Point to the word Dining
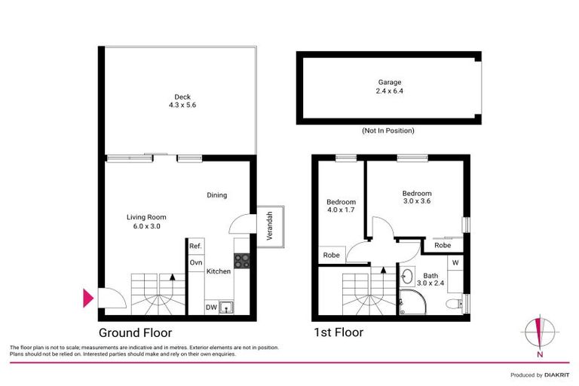pos(217,195)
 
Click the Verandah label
pos(270,225)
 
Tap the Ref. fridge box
pos(195,247)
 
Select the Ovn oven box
pos(195,262)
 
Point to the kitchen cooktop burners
pos(243,261)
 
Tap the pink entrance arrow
pos(88,299)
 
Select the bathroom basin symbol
pos(408,275)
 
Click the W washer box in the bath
pos(455,263)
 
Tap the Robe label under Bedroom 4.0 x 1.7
pos(331,256)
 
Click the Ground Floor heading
pos(136,332)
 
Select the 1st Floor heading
pos(339,332)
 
